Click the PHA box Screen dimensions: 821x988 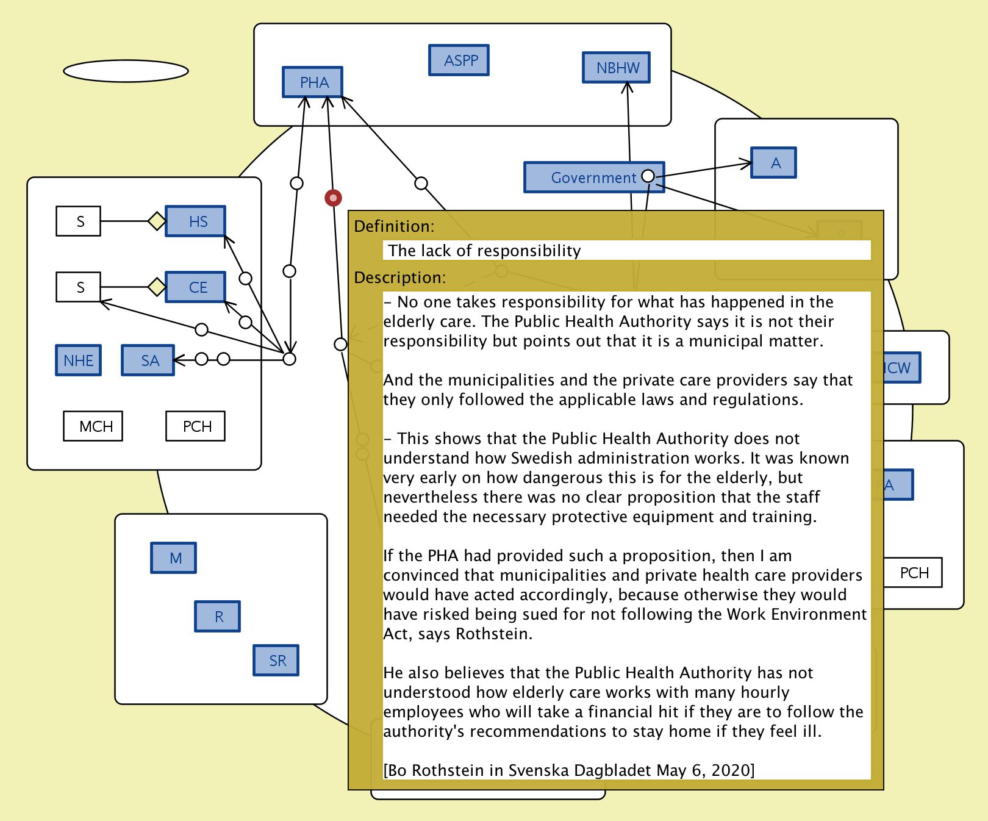click(x=312, y=82)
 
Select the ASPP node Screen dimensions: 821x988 click(x=459, y=60)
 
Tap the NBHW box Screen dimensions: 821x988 click(x=616, y=68)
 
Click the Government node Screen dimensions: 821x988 click(x=585, y=177)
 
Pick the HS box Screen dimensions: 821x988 click(x=196, y=221)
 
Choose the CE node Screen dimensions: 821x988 click(x=196, y=287)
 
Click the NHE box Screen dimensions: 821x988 click(x=79, y=360)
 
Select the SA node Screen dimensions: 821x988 click(x=148, y=360)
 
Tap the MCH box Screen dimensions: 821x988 click(x=93, y=426)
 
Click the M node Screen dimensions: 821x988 click(x=174, y=558)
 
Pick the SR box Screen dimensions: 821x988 click(x=276, y=661)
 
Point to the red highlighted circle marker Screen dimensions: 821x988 click(x=333, y=198)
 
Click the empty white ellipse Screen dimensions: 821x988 click(x=126, y=71)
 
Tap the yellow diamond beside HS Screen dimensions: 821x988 click(x=157, y=221)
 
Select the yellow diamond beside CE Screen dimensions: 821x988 click(x=157, y=287)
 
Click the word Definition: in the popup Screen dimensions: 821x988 click(x=394, y=226)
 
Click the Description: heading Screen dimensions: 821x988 click(x=400, y=278)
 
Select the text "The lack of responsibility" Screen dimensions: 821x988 click(x=484, y=251)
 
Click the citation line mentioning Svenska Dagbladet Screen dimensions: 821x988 click(x=568, y=770)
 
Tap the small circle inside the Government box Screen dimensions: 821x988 click(x=648, y=176)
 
